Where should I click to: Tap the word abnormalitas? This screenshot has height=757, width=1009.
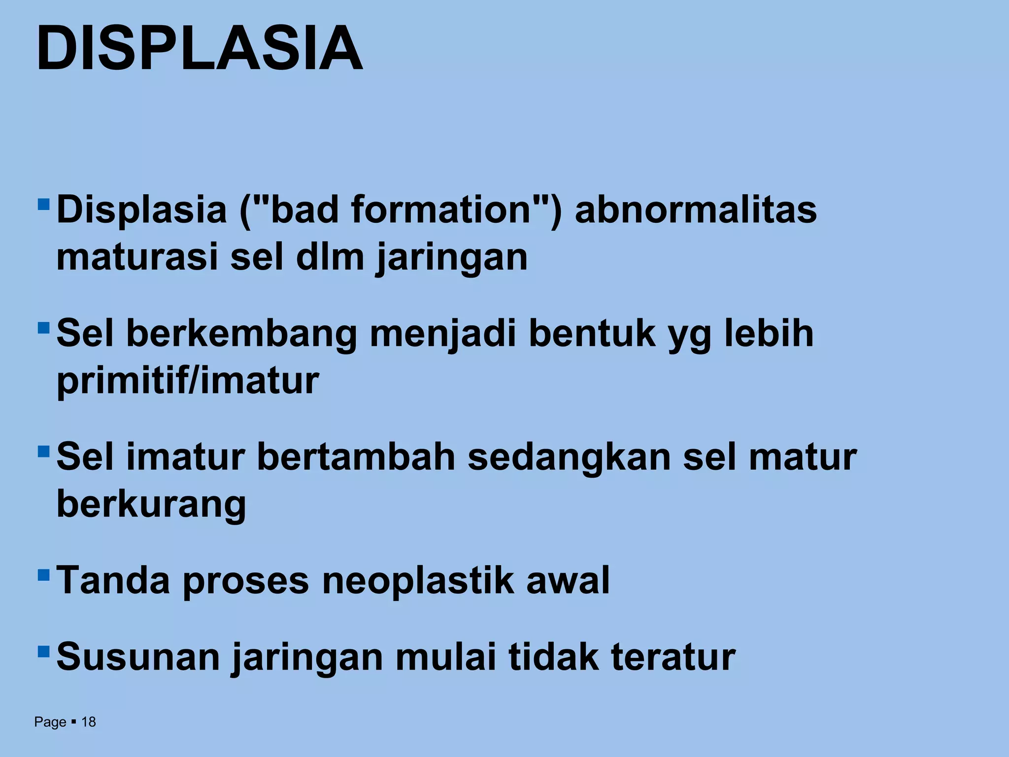696,210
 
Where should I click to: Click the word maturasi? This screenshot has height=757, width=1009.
137,257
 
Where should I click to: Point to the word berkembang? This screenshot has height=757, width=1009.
241,334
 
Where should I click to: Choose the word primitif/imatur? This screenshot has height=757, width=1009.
188,381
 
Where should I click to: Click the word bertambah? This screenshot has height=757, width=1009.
356,457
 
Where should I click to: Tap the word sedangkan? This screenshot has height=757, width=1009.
569,457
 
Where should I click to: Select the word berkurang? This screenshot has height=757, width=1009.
151,505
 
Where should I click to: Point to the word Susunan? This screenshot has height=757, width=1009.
138,656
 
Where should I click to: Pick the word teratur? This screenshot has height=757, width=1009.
673,656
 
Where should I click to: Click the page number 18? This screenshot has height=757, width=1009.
88,722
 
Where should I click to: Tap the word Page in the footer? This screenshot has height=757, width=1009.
50,722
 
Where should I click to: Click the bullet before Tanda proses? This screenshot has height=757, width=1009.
43,575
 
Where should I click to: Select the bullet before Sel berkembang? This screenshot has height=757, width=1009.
43,327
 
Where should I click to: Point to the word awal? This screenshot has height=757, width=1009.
568,581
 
